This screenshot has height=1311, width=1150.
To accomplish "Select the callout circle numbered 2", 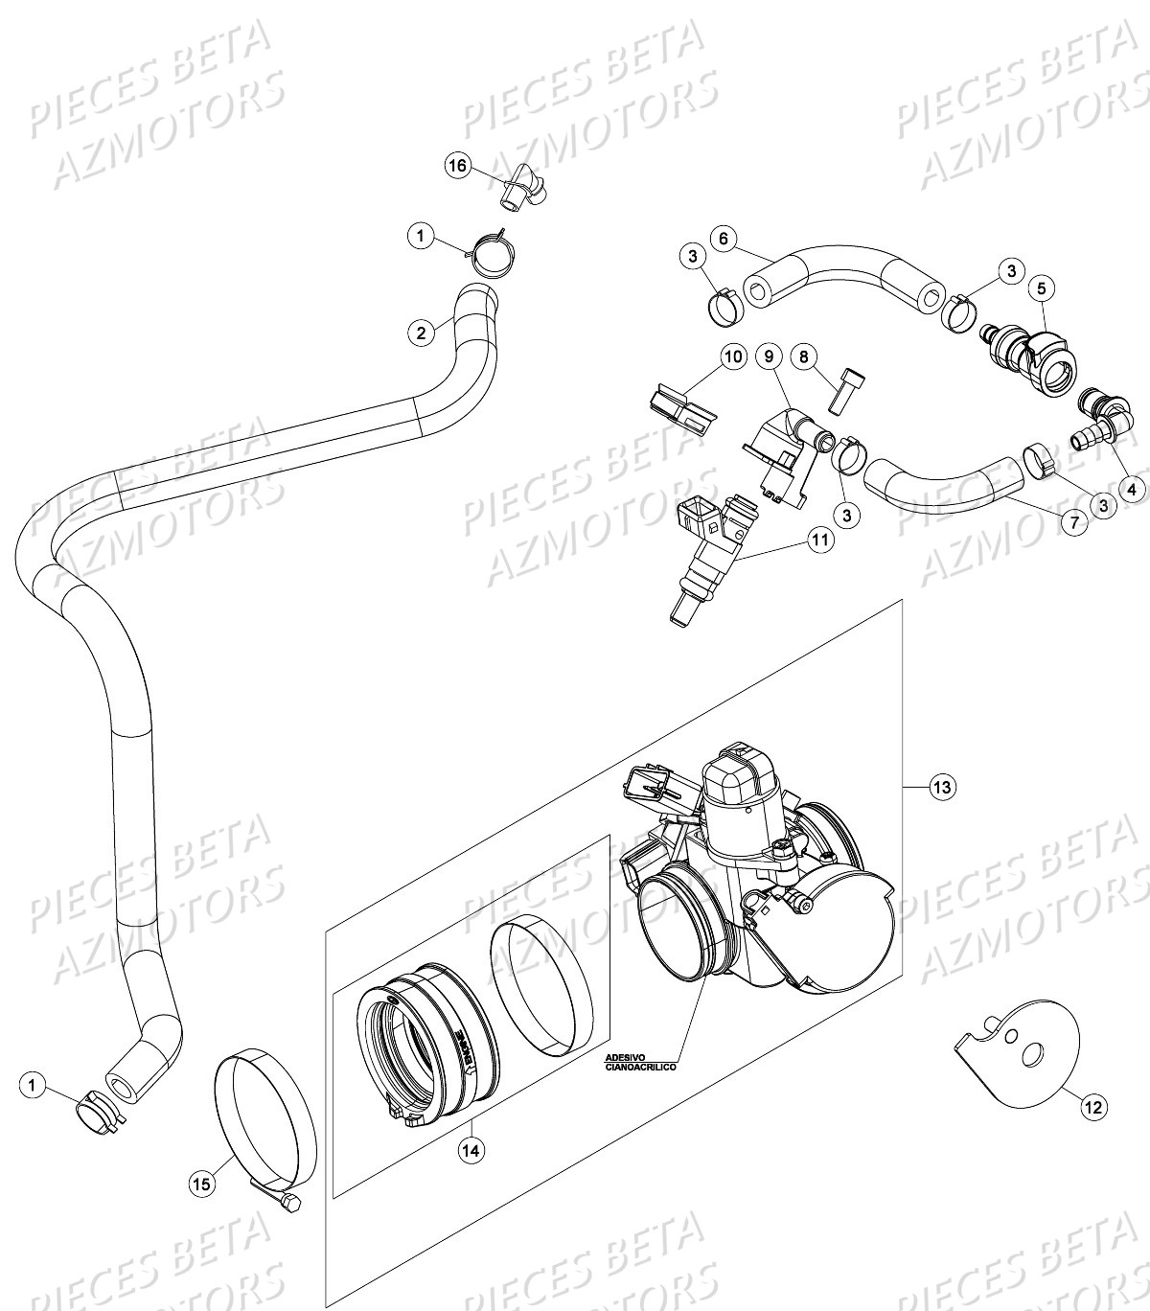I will (x=420, y=333).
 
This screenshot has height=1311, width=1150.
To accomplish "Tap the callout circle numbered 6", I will (x=724, y=237).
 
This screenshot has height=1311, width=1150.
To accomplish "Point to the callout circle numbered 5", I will (x=1042, y=287).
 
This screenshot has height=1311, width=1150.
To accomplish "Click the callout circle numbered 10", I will (x=732, y=357).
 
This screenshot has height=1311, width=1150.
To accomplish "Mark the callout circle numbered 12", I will (x=1093, y=1107).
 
